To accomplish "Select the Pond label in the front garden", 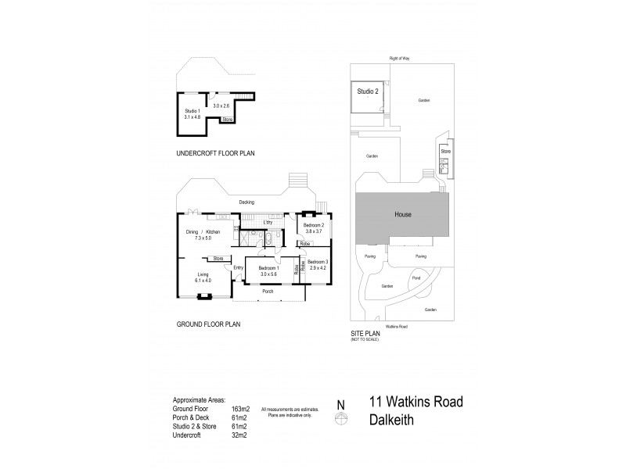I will click(x=415, y=277).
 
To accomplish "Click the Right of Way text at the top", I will click(x=400, y=59).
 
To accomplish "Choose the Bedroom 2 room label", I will click(x=313, y=225).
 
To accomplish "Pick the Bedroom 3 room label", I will click(x=317, y=261).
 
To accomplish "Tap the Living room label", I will click(x=203, y=274).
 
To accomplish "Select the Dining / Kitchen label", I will click(x=203, y=231).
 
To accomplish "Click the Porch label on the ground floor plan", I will click(x=267, y=292).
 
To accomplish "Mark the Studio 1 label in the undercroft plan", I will click(x=192, y=112).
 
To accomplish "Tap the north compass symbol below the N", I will click(x=340, y=419).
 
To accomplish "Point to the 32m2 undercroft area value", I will click(x=239, y=435).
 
